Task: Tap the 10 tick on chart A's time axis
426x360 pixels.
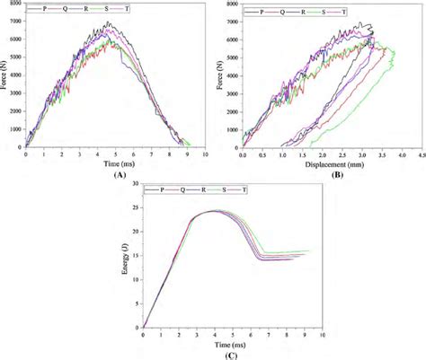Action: (x=206, y=154)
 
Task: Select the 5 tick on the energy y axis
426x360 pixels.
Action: (x=137, y=303)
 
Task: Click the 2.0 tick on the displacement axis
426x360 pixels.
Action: (x=314, y=154)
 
